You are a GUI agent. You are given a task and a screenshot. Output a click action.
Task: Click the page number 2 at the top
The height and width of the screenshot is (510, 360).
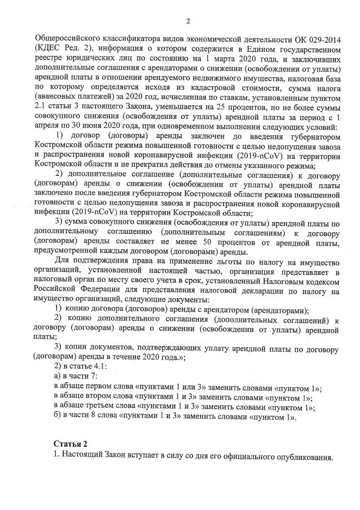tap(188, 21)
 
